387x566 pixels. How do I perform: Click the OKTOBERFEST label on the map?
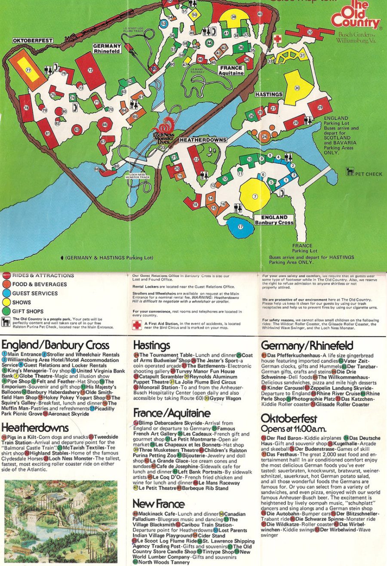click(x=32, y=40)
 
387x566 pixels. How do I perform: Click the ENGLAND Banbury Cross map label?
click(x=273, y=220)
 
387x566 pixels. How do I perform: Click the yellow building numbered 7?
click(x=255, y=196)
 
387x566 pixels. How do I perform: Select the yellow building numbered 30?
click(x=298, y=88)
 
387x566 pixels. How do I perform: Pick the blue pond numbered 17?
click(x=240, y=227)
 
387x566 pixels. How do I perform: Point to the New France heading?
click(x=158, y=504)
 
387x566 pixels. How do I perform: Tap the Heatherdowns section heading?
click(x=35, y=428)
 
